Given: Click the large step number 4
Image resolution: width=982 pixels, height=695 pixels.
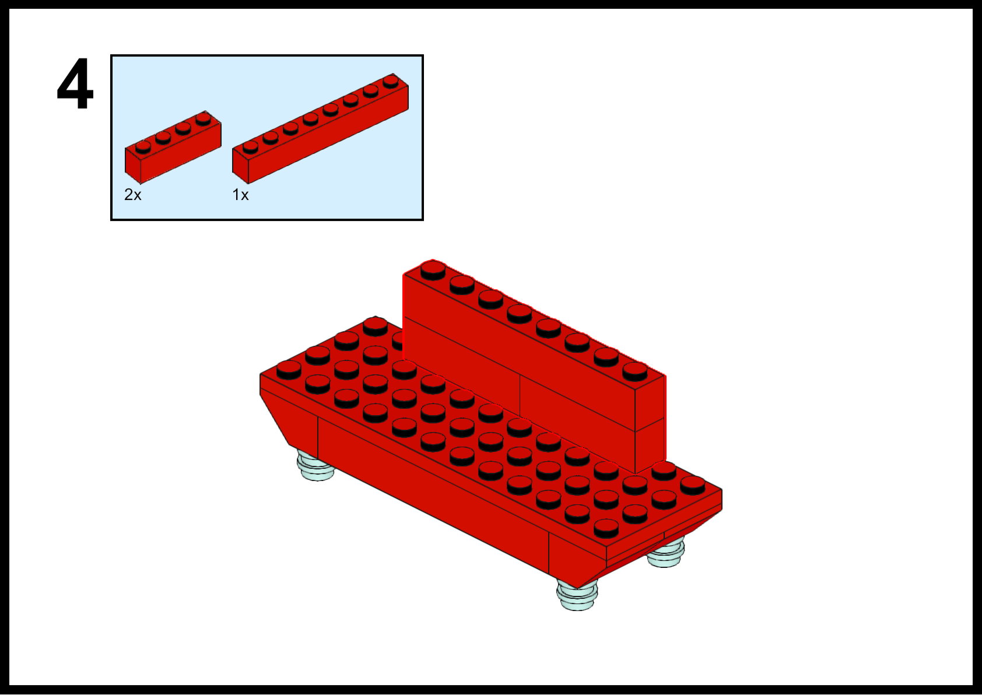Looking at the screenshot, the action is click(x=75, y=83).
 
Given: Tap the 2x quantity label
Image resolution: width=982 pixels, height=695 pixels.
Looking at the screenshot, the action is click(x=133, y=195).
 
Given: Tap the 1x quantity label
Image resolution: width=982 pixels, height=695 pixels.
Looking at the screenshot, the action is click(x=240, y=195).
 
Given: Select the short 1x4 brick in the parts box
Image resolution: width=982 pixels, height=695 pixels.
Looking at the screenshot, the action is click(x=173, y=148).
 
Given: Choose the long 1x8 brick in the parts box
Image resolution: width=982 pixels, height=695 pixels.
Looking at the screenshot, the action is click(x=321, y=128).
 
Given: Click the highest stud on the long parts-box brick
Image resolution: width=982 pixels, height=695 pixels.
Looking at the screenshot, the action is click(x=391, y=81).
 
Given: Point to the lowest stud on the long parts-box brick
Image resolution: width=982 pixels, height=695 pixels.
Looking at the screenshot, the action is click(x=250, y=147).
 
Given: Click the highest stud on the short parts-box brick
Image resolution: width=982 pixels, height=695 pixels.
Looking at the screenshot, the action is click(x=203, y=119).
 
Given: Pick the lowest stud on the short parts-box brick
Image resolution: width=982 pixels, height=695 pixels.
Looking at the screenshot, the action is click(x=143, y=147).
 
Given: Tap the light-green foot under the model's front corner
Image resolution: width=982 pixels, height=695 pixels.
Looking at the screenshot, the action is click(x=577, y=595).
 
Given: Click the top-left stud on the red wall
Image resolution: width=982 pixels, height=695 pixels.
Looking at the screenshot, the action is click(x=433, y=270).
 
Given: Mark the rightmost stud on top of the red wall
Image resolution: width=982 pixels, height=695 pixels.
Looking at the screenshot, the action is click(x=635, y=371).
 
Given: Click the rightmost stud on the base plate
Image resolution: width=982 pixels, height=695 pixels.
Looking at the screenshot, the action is click(x=693, y=486).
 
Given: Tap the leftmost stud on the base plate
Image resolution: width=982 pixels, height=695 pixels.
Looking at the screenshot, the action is click(x=289, y=370).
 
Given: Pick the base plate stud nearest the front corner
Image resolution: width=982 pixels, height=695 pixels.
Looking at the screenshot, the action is click(x=606, y=528).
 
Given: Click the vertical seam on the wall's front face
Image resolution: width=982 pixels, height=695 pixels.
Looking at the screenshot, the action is click(x=520, y=396).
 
